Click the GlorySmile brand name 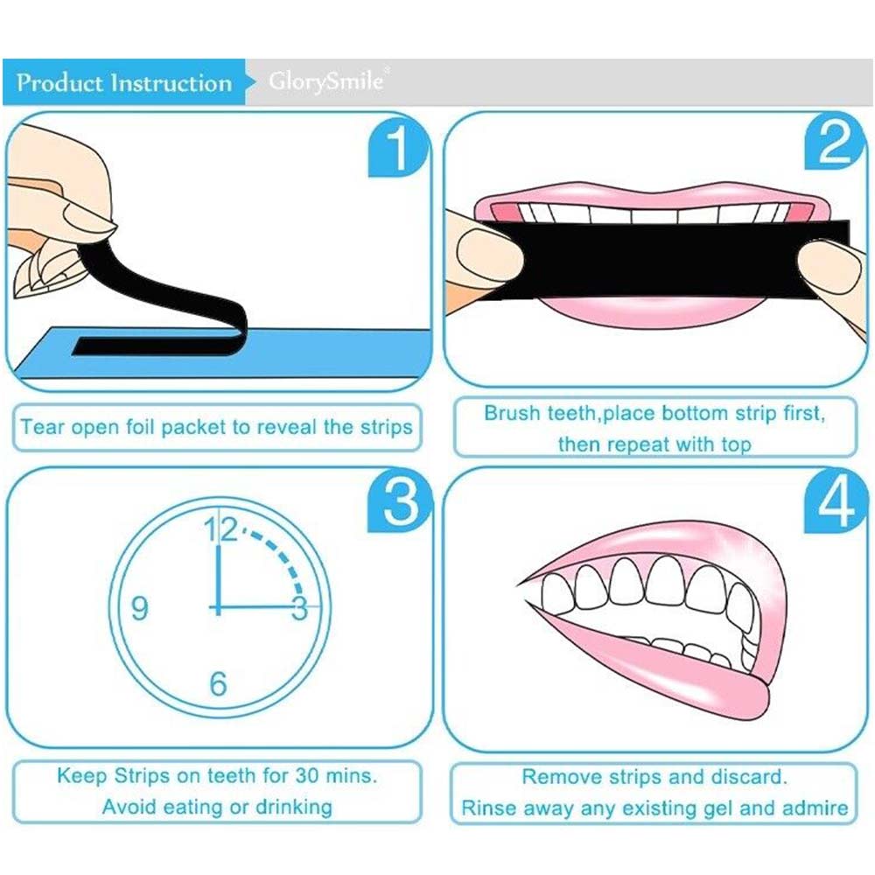(326, 80)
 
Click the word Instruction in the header (171, 83)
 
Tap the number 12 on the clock (220, 529)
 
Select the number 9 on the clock (139, 608)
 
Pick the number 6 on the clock (218, 683)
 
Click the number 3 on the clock (299, 608)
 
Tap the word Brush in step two (512, 413)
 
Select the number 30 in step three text (307, 775)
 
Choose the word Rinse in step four (488, 808)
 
